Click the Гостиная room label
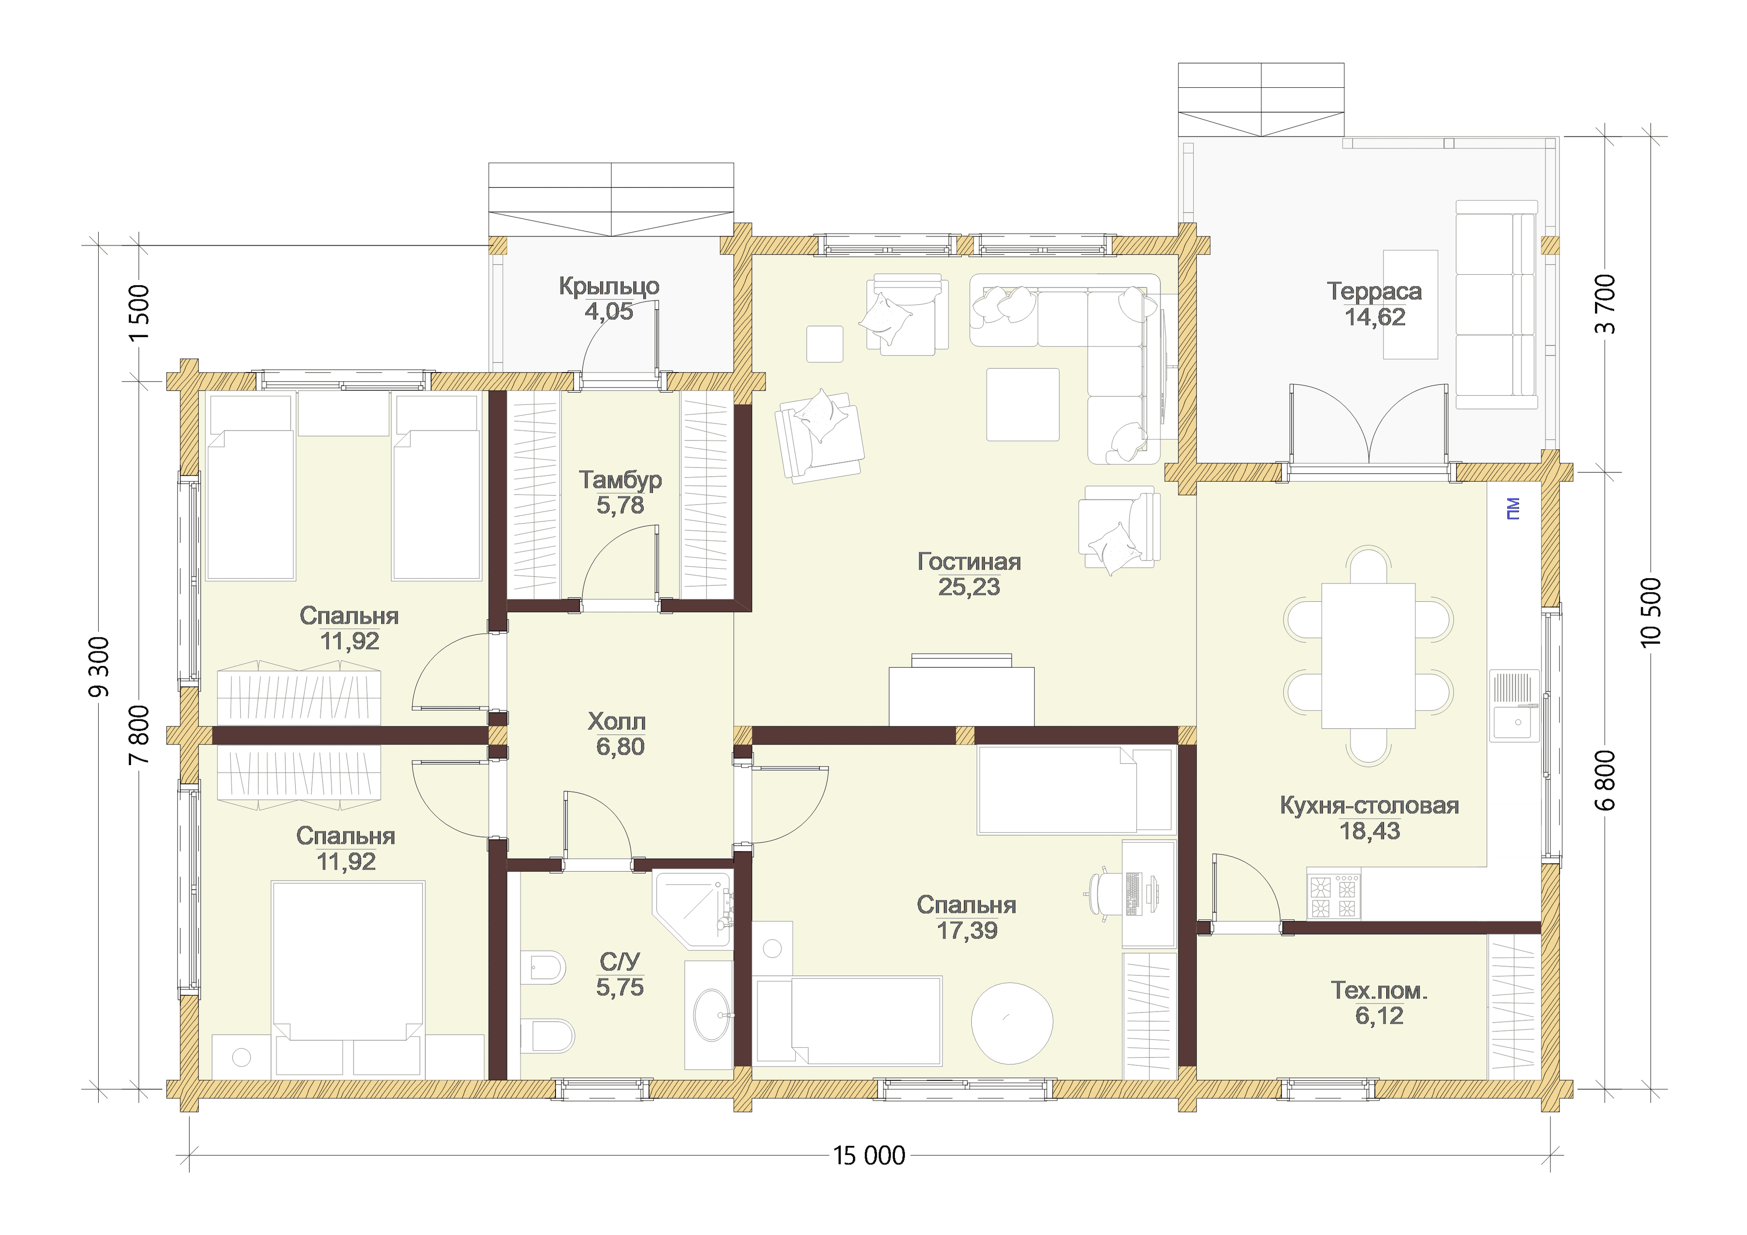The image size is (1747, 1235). tap(969, 562)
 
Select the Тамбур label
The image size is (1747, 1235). tap(620, 480)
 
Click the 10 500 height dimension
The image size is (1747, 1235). tap(1651, 613)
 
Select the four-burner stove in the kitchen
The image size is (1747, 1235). tap(1334, 896)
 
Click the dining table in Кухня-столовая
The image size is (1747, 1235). tap(1368, 656)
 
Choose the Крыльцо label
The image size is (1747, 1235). tap(609, 287)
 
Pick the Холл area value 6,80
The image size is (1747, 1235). tap(620, 746)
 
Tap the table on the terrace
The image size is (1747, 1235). tap(1410, 304)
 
